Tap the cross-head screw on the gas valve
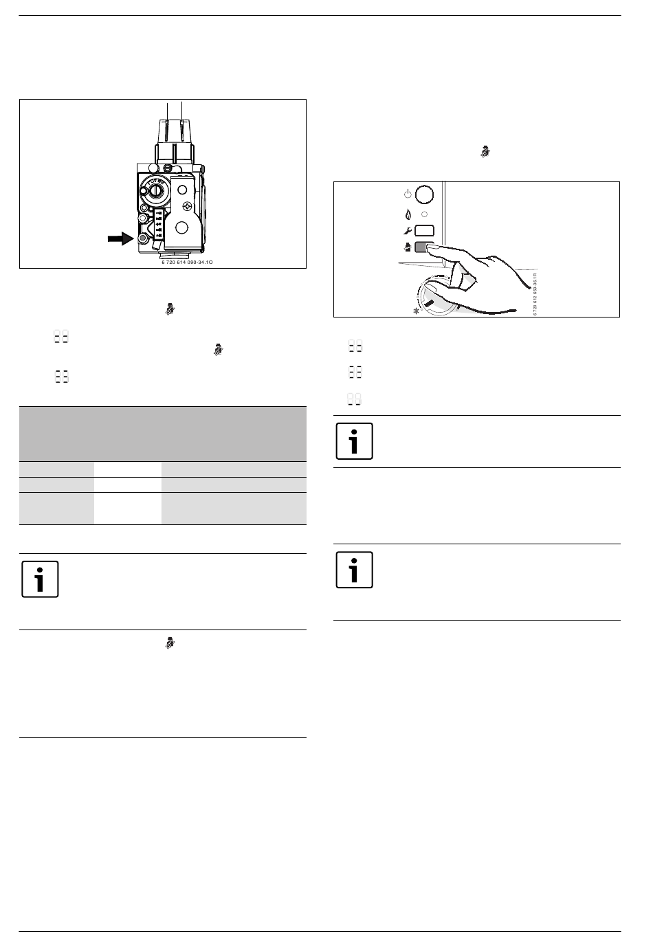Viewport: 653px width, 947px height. pyautogui.click(x=186, y=205)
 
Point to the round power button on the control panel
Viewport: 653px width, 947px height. pyautogui.click(x=425, y=194)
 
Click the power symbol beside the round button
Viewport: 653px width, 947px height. pyautogui.click(x=408, y=194)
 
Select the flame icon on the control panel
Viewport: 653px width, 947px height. pyautogui.click(x=408, y=214)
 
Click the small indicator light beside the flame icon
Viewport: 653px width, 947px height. pyautogui.click(x=425, y=214)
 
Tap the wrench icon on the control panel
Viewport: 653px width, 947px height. pyautogui.click(x=408, y=232)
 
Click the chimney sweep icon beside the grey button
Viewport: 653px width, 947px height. pyautogui.click(x=408, y=248)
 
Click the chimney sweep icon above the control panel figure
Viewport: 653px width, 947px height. pyautogui.click(x=485, y=153)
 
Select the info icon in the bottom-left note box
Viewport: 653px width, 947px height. pyautogui.click(x=40, y=579)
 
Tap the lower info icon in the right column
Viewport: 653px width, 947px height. pyautogui.click(x=354, y=570)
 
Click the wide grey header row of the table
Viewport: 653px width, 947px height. pyautogui.click(x=162, y=433)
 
